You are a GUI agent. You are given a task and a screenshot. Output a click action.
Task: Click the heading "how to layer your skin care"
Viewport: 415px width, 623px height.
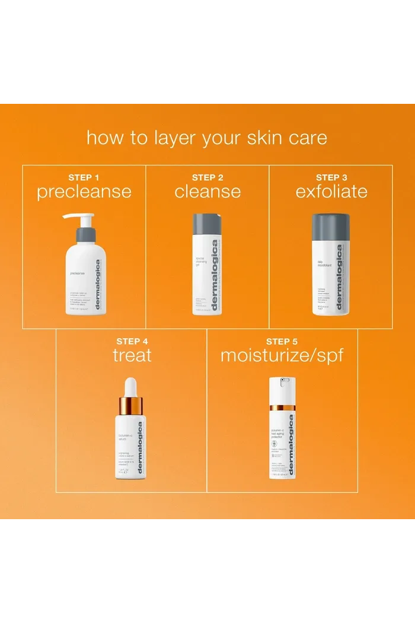coord(207,138)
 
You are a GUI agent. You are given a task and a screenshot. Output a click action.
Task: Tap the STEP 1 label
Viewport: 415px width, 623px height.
coord(84,177)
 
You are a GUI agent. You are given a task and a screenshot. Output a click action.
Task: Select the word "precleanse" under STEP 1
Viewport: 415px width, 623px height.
coord(84,192)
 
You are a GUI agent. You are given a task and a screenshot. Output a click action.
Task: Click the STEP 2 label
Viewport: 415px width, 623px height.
coord(207,177)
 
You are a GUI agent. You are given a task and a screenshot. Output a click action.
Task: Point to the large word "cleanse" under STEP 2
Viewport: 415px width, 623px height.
coord(207,192)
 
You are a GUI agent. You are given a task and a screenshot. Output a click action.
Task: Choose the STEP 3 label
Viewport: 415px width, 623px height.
coord(331,177)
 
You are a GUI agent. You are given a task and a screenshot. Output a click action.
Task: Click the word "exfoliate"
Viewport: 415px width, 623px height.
coord(331,192)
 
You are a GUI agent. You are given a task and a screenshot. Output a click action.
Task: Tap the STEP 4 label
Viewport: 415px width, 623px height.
coord(132,341)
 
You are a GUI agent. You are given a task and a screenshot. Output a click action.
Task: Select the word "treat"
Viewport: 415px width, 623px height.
coord(132,355)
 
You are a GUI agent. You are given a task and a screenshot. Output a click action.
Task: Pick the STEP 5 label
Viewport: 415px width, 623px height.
coord(282,341)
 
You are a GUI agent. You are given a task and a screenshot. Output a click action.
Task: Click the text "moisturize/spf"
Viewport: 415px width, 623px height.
coord(282,355)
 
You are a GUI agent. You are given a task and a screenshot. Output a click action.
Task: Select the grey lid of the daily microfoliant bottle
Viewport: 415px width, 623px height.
coord(331,227)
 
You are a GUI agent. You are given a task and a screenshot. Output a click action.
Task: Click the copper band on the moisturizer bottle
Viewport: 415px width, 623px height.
coord(282,408)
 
